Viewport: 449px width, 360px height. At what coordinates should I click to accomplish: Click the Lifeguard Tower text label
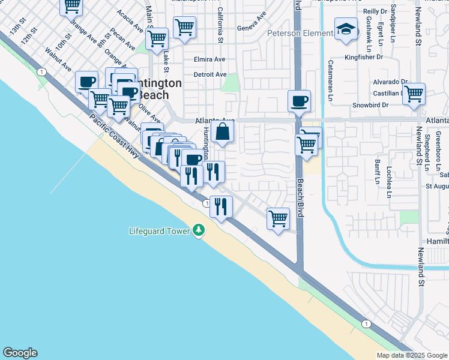160,231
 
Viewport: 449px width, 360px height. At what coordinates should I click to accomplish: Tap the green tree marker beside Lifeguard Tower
199,231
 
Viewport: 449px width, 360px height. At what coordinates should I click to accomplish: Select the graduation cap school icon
346,29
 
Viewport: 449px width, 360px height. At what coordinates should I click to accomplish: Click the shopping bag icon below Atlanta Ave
222,132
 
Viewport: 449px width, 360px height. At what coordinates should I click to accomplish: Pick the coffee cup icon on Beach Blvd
299,101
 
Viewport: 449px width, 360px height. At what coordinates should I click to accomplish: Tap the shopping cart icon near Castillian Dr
414,94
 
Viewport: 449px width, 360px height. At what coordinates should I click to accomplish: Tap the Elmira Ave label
209,59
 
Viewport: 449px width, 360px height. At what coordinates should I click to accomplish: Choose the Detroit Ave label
210,74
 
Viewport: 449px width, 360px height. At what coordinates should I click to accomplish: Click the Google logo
20,353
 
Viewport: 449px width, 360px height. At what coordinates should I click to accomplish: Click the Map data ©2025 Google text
412,355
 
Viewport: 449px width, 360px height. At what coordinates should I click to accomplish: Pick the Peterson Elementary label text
300,33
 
